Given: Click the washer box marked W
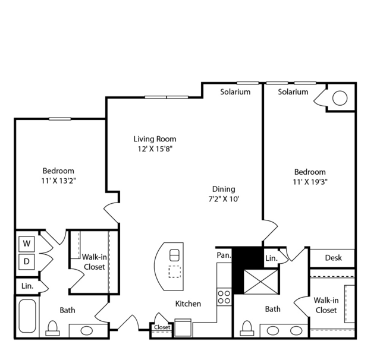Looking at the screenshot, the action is (x=27, y=244).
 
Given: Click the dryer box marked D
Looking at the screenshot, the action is (x=27, y=262).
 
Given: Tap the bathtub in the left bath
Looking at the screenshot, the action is (x=27, y=316).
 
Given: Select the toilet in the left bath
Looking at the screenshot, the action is (x=52, y=329).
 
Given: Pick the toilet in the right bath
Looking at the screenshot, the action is (x=247, y=329).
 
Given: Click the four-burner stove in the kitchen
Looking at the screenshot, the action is (x=224, y=297).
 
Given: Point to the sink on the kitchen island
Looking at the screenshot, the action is (x=174, y=255).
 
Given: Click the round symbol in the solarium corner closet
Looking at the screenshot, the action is (x=340, y=98).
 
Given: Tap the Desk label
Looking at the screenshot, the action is (x=334, y=258).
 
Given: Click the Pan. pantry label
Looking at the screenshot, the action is (x=224, y=255).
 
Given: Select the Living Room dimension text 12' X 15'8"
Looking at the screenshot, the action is (x=155, y=149).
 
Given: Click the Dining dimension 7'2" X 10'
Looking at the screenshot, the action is (x=224, y=199).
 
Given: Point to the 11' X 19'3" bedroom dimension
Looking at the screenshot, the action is (x=310, y=182).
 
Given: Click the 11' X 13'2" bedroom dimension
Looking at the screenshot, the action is (x=59, y=181).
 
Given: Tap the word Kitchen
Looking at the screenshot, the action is (x=188, y=304).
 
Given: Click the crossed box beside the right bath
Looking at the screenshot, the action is (x=260, y=282).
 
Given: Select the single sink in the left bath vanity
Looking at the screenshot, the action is (x=86, y=330).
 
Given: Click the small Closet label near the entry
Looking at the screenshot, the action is (x=162, y=327).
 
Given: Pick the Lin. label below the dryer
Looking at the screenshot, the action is (x=27, y=286).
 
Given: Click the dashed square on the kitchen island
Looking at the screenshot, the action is (x=174, y=271).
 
